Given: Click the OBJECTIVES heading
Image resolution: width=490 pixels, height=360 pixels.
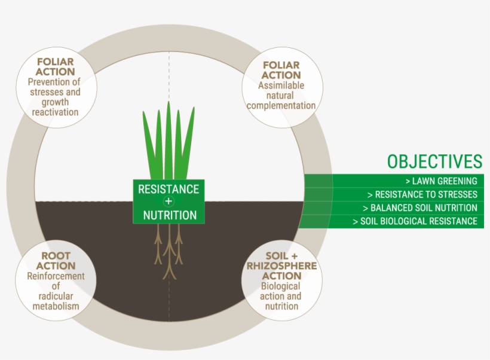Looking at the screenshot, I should (434, 161).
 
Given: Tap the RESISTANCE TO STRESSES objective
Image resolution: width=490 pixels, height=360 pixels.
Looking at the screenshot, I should (422, 194).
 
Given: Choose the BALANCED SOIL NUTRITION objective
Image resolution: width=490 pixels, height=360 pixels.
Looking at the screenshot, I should (419, 208).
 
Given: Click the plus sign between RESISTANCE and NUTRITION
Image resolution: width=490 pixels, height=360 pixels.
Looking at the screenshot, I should (168, 202).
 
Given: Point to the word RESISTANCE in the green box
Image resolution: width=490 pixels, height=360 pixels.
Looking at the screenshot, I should (168, 189).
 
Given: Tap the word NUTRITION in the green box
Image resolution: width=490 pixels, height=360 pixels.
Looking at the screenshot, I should (169, 215).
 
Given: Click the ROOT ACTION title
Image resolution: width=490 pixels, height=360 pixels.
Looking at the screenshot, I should (56, 261).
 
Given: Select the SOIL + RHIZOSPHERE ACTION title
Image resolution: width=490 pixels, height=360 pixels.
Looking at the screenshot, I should (281, 266).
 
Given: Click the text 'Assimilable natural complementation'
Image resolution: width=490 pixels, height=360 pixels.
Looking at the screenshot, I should (281, 96).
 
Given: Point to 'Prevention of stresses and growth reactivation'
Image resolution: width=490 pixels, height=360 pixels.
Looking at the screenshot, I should (55, 97).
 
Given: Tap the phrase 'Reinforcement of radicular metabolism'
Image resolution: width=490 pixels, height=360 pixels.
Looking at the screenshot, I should (56, 291).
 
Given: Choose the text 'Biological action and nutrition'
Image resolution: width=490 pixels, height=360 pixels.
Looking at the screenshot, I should (281, 296).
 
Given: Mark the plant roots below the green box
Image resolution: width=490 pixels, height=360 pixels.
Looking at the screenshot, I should (169, 248).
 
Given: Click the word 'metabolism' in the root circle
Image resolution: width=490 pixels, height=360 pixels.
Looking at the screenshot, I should (56, 306).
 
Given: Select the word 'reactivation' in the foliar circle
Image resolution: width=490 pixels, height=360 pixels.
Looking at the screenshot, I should (55, 112).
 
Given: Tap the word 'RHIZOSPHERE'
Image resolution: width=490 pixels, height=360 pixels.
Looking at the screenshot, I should (281, 266).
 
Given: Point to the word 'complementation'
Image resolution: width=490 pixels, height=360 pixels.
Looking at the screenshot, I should (281, 106).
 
